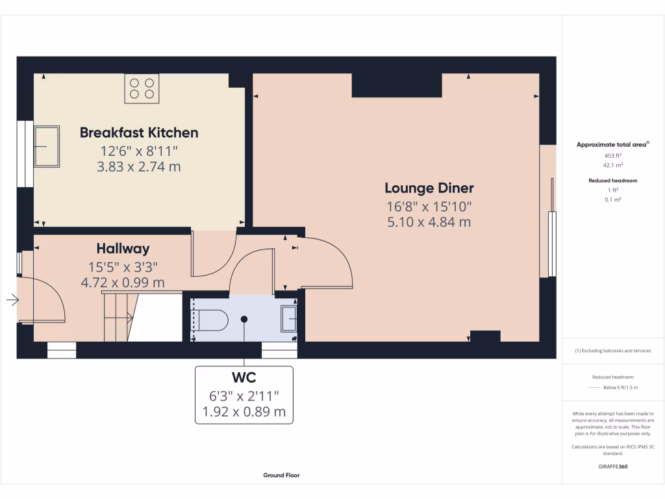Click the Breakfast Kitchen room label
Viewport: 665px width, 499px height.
tap(138, 133)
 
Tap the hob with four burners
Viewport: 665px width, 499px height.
tap(142, 88)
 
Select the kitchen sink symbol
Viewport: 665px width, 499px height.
tap(46, 146)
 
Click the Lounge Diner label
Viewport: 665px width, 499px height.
tap(429, 188)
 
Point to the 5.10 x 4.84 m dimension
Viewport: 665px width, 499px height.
tap(429, 222)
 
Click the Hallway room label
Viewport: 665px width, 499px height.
tap(123, 248)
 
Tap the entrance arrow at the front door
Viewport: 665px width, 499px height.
tap(12, 300)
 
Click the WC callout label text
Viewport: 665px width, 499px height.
tap(244, 378)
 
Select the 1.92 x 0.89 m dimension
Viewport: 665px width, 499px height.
tap(244, 411)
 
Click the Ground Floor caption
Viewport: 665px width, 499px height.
tap(281, 475)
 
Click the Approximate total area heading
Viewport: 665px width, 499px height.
tap(612, 145)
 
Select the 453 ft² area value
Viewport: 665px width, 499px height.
tap(613, 156)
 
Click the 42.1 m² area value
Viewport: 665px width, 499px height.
tap(613, 165)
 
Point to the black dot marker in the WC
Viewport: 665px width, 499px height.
tap(244, 319)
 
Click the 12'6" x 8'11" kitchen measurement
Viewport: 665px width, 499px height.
tap(138, 151)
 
